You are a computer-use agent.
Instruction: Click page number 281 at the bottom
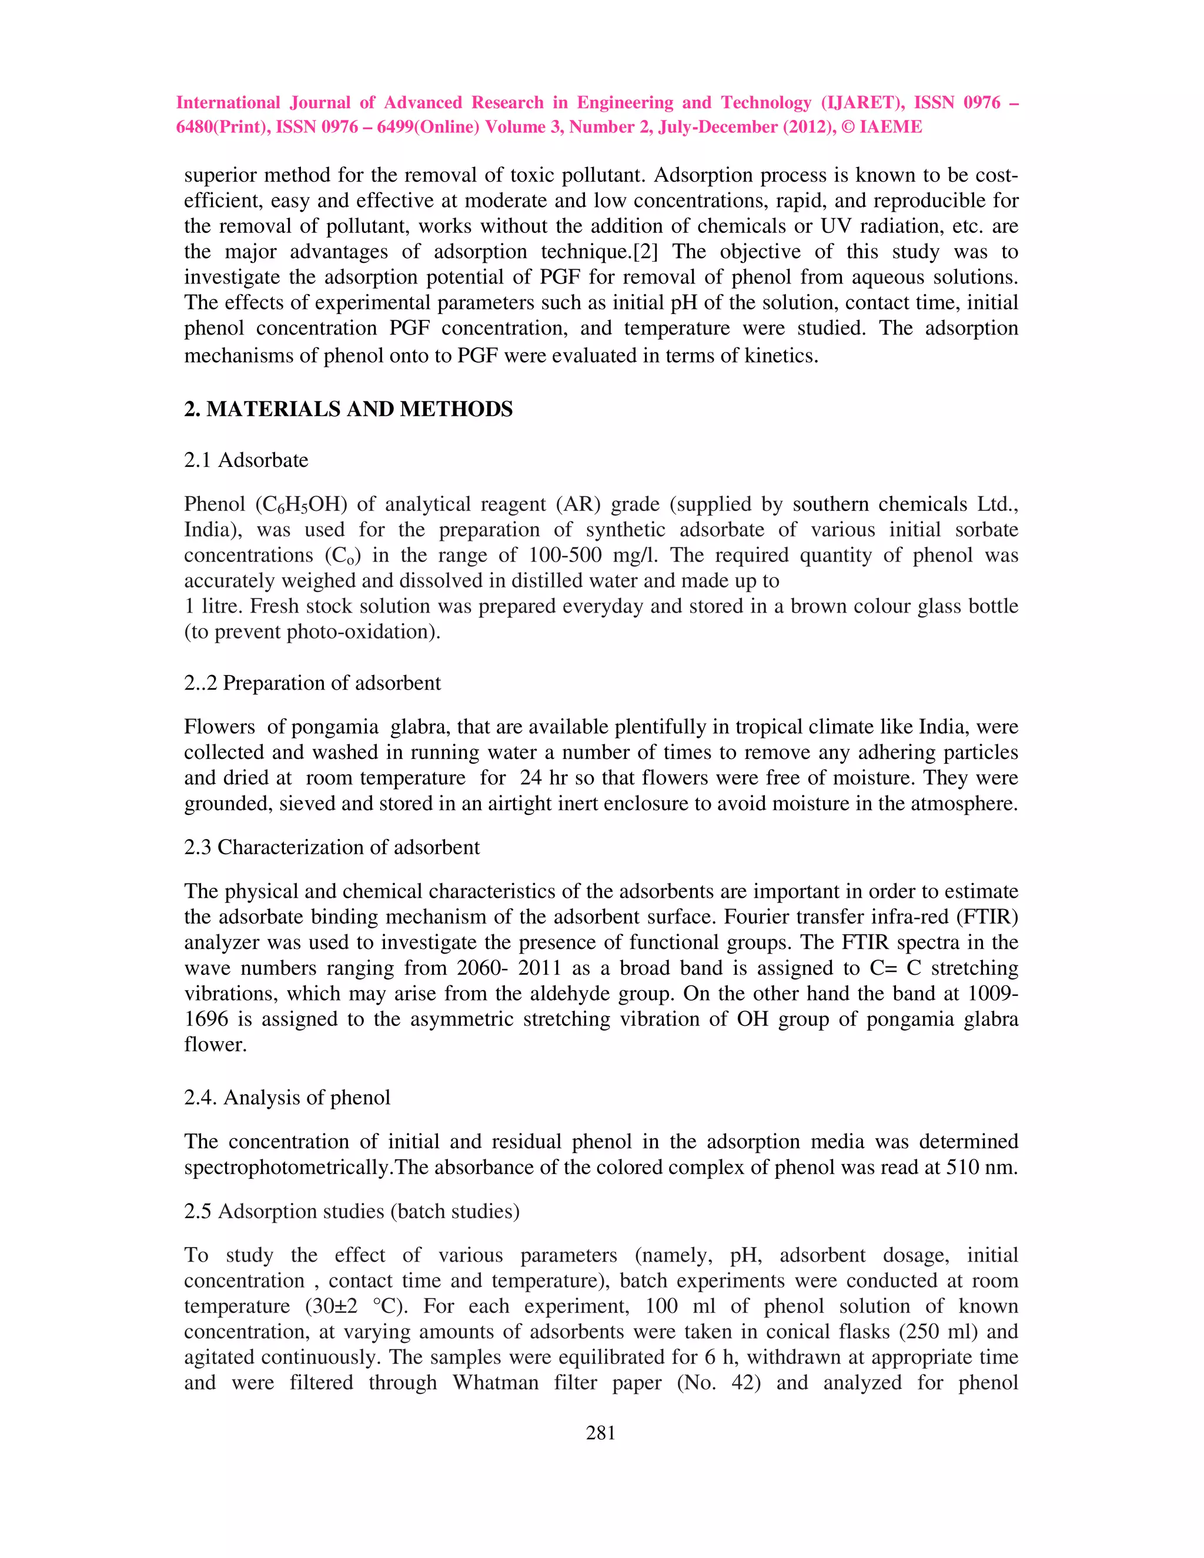coord(601,1432)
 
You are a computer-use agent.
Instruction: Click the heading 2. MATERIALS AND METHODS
coord(348,409)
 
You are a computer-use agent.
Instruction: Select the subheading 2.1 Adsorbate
coord(246,460)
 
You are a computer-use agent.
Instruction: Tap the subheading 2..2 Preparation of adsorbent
coord(312,683)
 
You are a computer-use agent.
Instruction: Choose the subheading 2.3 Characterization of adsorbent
coord(332,847)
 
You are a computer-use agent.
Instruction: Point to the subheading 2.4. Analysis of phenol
coord(287,1097)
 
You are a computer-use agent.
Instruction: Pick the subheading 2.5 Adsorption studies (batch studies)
coord(352,1211)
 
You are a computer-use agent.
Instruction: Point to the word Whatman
coord(496,1383)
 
